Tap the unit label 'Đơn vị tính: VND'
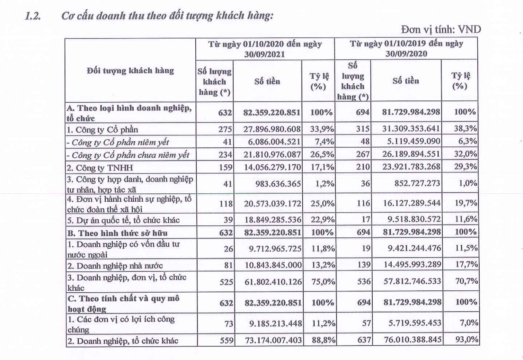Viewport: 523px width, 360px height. [441, 29]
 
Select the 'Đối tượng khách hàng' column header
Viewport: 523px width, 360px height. [130, 70]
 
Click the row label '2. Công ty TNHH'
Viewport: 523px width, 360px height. [100, 168]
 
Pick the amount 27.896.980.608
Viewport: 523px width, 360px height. [272, 129]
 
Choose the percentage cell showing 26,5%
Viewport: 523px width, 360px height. [322, 155]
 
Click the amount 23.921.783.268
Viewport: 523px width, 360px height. [411, 167]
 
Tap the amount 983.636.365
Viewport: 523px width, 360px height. [278, 184]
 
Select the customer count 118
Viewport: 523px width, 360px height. [226, 204]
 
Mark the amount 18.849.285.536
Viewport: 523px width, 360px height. [273, 220]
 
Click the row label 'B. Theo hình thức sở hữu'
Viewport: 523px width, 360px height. [117, 233]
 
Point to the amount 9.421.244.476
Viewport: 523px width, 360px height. [415, 248]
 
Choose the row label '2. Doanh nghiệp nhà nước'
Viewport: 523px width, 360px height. [115, 266]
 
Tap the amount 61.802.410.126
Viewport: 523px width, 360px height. [273, 282]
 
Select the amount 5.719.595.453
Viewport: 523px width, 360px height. [415, 323]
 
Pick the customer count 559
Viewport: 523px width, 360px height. [226, 340]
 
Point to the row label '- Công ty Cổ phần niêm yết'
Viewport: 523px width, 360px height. [118, 143]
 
